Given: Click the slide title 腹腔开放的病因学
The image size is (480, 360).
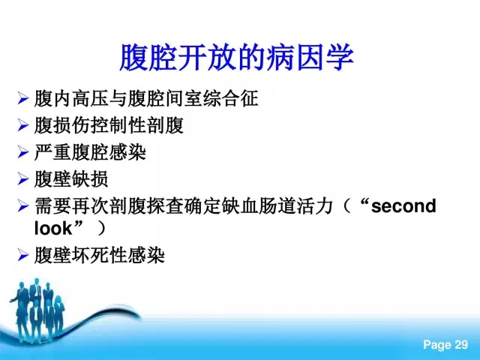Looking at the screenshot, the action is [236, 58].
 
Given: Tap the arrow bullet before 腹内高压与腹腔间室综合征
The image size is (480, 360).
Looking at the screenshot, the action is [23, 98].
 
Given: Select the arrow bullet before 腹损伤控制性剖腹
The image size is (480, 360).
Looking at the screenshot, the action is [23, 125].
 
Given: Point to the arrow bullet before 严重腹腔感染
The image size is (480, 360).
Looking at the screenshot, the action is [23, 151].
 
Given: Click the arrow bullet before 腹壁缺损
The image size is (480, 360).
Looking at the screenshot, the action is [23, 178].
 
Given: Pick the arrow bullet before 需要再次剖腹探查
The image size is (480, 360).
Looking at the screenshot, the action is [23, 205].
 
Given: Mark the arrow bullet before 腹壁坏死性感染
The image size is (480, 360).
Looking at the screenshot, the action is [23, 255].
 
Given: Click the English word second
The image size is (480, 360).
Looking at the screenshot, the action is [403, 206].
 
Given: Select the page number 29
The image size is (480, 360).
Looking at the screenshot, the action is [461, 345].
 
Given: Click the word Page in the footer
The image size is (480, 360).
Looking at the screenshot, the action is [437, 345].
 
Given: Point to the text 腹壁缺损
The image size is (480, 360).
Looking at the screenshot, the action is [71, 178].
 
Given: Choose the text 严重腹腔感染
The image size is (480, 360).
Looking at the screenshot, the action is [90, 152].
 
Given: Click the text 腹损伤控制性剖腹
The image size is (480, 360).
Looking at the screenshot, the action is [109, 125].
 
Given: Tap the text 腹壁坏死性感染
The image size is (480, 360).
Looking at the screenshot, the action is [100, 255].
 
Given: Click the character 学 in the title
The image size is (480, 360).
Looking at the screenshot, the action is [340, 58].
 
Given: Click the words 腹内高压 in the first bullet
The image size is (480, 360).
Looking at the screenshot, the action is [71, 98].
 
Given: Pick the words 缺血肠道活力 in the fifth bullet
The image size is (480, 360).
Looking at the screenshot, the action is [277, 205].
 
